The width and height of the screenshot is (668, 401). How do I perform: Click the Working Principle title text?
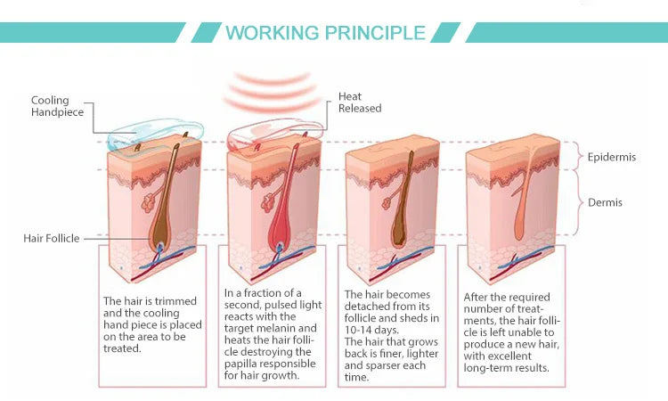click(325, 33)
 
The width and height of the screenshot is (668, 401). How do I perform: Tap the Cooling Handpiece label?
click(57, 106)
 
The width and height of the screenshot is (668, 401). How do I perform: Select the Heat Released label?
click(360, 102)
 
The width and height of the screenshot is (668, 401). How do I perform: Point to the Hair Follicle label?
click(51, 238)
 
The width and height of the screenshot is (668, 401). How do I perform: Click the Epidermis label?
click(612, 157)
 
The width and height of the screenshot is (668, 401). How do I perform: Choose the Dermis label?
click(605, 202)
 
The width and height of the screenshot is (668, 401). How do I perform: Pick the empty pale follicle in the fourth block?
click(524, 200)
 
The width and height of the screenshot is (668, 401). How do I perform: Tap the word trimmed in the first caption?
click(175, 301)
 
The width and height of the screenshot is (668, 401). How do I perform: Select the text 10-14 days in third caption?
click(371, 330)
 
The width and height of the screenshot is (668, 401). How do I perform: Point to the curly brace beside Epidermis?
click(578, 156)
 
